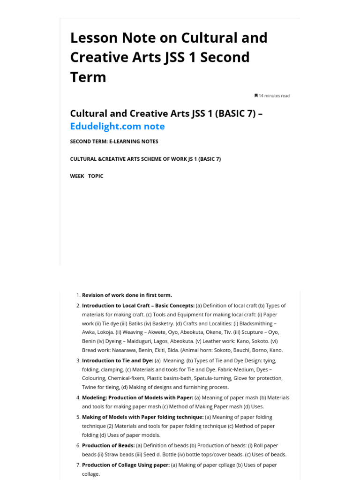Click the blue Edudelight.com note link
tap(117, 126)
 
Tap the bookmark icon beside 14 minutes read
tap(256, 96)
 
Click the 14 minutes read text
tap(274, 96)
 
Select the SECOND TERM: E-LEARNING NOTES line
tap(114, 142)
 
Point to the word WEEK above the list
tap(77, 176)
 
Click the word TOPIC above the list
tap(96, 176)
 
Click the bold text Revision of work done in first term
tap(127, 295)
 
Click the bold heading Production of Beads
tap(108, 445)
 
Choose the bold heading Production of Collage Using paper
tap(126, 465)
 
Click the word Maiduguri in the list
tap(136, 341)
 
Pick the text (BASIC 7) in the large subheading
tap(235, 113)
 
